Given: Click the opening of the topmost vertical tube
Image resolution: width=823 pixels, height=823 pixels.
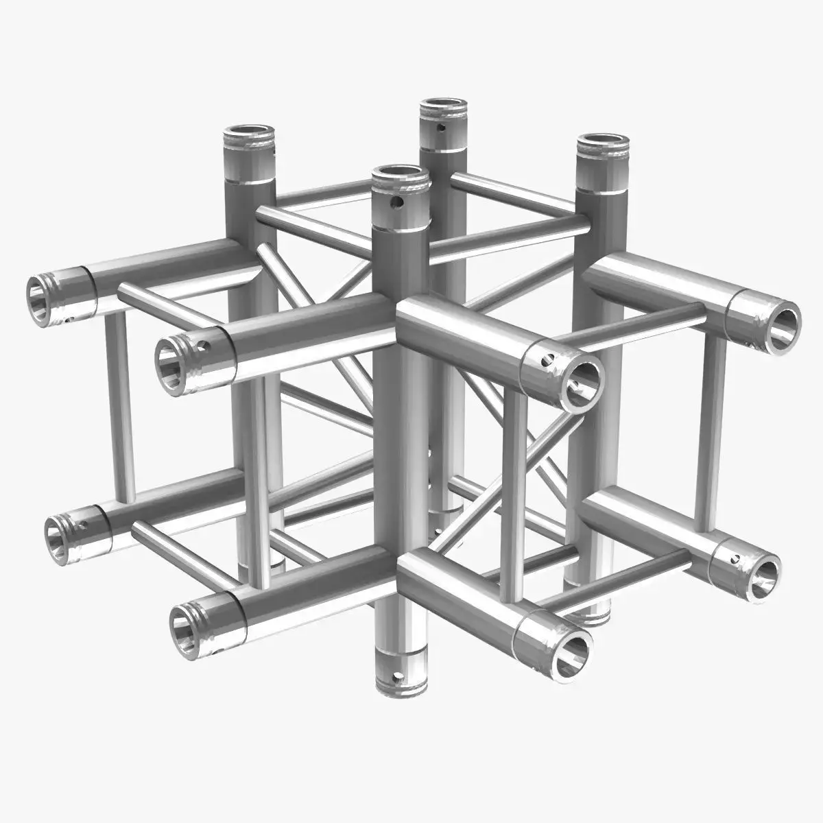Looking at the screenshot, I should point(444,108).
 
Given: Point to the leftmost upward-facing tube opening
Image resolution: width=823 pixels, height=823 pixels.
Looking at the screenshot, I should point(249,131).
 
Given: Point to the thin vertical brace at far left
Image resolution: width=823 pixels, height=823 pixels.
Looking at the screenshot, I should point(121,405).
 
